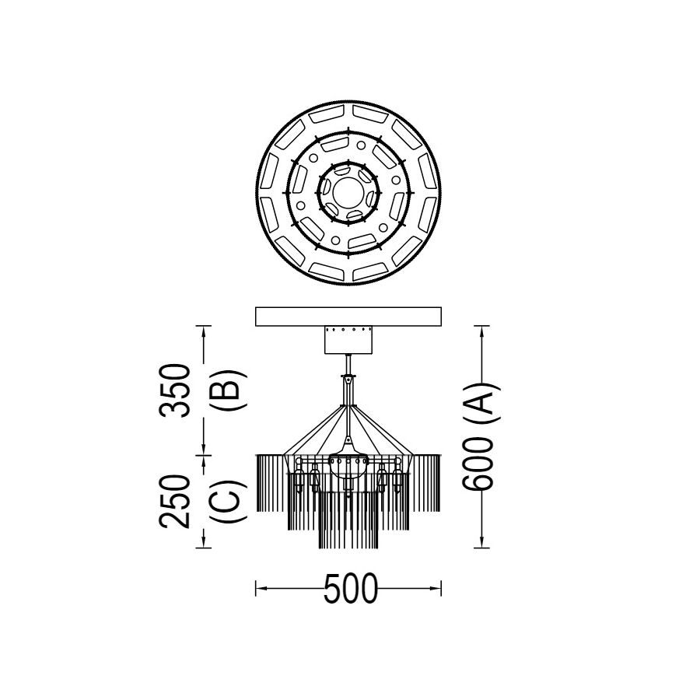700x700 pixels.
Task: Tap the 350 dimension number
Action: tap(175, 390)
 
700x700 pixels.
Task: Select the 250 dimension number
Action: tap(175, 501)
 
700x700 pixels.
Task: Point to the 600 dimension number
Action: tap(478, 464)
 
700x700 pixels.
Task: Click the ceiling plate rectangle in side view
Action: tap(348, 316)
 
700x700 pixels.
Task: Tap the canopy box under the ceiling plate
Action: tap(348, 339)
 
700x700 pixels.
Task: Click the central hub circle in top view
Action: tap(348, 192)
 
